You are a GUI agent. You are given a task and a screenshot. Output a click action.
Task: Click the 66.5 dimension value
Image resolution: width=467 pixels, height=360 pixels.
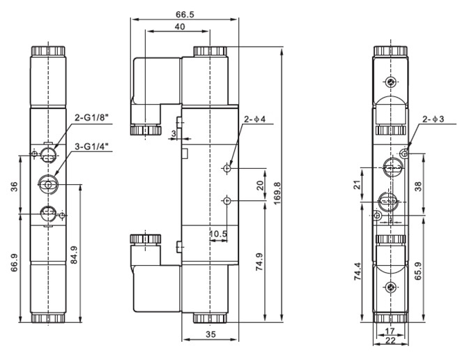click(185, 15)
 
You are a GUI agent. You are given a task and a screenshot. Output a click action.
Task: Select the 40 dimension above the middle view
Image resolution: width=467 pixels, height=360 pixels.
click(180, 27)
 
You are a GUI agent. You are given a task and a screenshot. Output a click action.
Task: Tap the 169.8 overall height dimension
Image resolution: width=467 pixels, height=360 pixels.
click(277, 193)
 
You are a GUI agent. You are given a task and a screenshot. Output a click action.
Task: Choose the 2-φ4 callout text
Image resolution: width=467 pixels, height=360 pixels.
click(254, 119)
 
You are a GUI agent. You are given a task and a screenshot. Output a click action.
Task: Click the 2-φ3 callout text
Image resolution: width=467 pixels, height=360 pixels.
click(433, 119)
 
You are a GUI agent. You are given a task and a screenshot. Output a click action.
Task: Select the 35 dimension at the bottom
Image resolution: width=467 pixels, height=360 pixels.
click(210, 334)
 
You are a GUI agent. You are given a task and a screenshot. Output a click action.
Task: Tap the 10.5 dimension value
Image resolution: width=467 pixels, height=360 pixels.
click(218, 234)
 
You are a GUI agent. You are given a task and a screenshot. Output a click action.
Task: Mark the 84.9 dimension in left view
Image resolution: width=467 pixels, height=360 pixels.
click(74, 255)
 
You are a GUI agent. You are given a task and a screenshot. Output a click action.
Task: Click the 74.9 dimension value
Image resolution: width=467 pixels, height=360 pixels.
click(259, 262)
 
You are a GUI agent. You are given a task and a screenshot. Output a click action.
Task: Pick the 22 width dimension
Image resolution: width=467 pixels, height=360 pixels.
click(390, 340)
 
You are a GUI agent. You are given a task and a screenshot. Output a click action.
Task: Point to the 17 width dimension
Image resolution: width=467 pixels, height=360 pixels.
click(390, 331)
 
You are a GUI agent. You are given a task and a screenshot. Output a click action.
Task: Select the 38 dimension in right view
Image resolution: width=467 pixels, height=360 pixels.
click(418, 186)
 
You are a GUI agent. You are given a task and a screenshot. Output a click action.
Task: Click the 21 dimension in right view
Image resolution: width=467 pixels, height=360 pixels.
click(358, 185)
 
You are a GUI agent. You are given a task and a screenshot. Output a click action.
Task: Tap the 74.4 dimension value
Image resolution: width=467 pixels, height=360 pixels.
click(358, 271)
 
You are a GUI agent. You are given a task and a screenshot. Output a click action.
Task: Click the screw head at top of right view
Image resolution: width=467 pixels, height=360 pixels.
click(390, 82)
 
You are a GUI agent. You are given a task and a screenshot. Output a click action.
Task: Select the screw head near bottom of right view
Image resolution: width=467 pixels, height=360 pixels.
click(390, 287)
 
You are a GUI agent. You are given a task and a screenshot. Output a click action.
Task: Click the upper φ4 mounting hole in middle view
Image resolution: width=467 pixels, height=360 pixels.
click(227, 168)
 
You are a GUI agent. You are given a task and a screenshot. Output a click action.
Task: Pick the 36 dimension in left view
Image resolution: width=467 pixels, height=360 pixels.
click(15, 186)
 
